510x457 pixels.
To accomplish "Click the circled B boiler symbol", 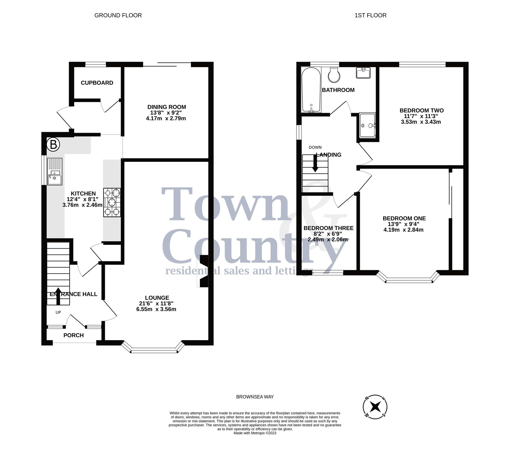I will click(x=53, y=145).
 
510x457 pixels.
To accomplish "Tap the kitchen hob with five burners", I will click(x=112, y=202).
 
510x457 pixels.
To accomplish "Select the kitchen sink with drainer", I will click(x=55, y=172).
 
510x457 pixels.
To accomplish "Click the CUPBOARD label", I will click(x=97, y=83).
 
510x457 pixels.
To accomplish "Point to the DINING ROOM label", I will click(x=167, y=107).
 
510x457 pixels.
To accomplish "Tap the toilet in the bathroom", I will click(x=334, y=75).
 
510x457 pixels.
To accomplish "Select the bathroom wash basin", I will click(x=363, y=73).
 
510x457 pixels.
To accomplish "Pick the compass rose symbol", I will click(x=375, y=407).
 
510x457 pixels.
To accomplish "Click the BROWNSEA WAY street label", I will click(x=255, y=397).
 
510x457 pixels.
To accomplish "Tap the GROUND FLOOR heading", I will click(x=118, y=15).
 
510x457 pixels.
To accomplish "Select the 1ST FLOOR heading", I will click(x=370, y=15).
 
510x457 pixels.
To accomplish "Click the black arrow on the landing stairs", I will click(x=315, y=164).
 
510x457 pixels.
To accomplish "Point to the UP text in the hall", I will click(x=58, y=312).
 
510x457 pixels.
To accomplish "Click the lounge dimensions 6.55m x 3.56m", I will click(x=156, y=309).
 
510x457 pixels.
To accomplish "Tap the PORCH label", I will click(x=73, y=335).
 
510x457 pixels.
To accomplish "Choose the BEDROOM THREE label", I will click(x=328, y=228).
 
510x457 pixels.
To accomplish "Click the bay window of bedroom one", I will click(x=409, y=281).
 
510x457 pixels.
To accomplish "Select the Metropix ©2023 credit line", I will click(x=255, y=433).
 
